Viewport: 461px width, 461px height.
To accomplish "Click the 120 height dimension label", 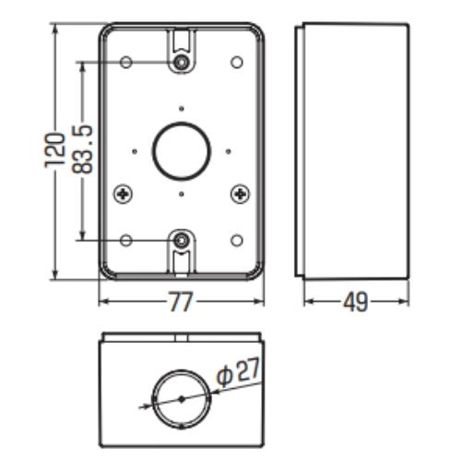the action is pyautogui.click(x=55, y=150).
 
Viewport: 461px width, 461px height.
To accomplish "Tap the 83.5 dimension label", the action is pyautogui.click(x=82, y=149).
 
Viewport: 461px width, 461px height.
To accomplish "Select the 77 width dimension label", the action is pyautogui.click(x=181, y=301).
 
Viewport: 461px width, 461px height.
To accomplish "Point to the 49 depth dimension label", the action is pyautogui.click(x=355, y=301).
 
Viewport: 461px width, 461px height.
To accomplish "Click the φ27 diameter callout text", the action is pyautogui.click(x=238, y=371).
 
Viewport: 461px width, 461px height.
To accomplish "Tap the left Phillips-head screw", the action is pyautogui.click(x=124, y=194).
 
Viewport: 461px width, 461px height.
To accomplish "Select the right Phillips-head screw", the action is pyautogui.click(x=240, y=194).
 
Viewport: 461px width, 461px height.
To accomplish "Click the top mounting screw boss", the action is pyautogui.click(x=182, y=63).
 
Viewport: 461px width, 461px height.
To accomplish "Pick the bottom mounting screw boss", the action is pyautogui.click(x=182, y=241).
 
